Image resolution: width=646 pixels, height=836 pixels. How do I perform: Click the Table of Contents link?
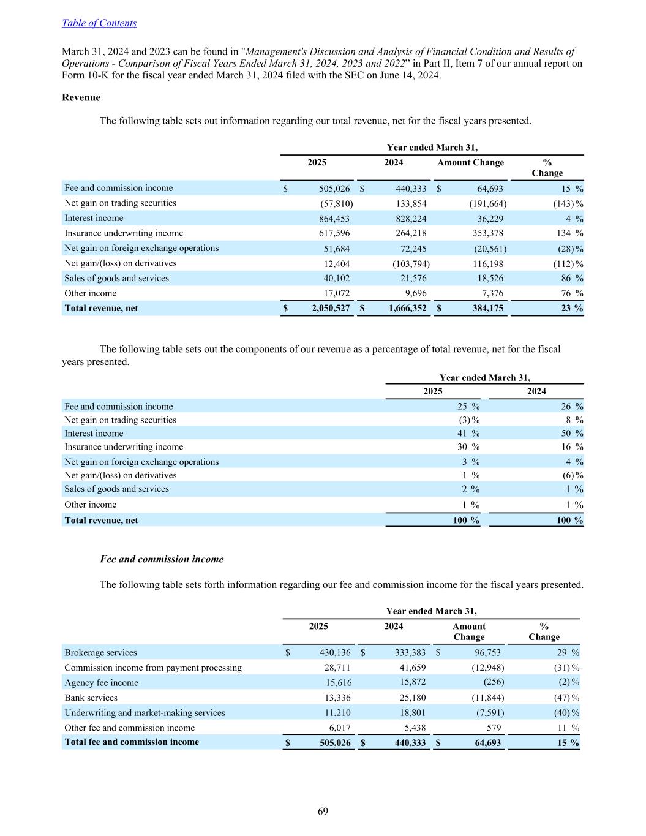(99, 23)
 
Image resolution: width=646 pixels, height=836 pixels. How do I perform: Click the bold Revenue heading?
(81, 97)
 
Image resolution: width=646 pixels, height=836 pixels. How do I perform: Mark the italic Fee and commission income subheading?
(162, 559)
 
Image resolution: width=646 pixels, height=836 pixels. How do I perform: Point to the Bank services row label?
(91, 698)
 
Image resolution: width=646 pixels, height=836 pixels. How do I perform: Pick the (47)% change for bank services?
(566, 698)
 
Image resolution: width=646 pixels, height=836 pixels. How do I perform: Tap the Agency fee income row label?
(101, 683)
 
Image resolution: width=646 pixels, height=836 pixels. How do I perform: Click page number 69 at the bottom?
(323, 812)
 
